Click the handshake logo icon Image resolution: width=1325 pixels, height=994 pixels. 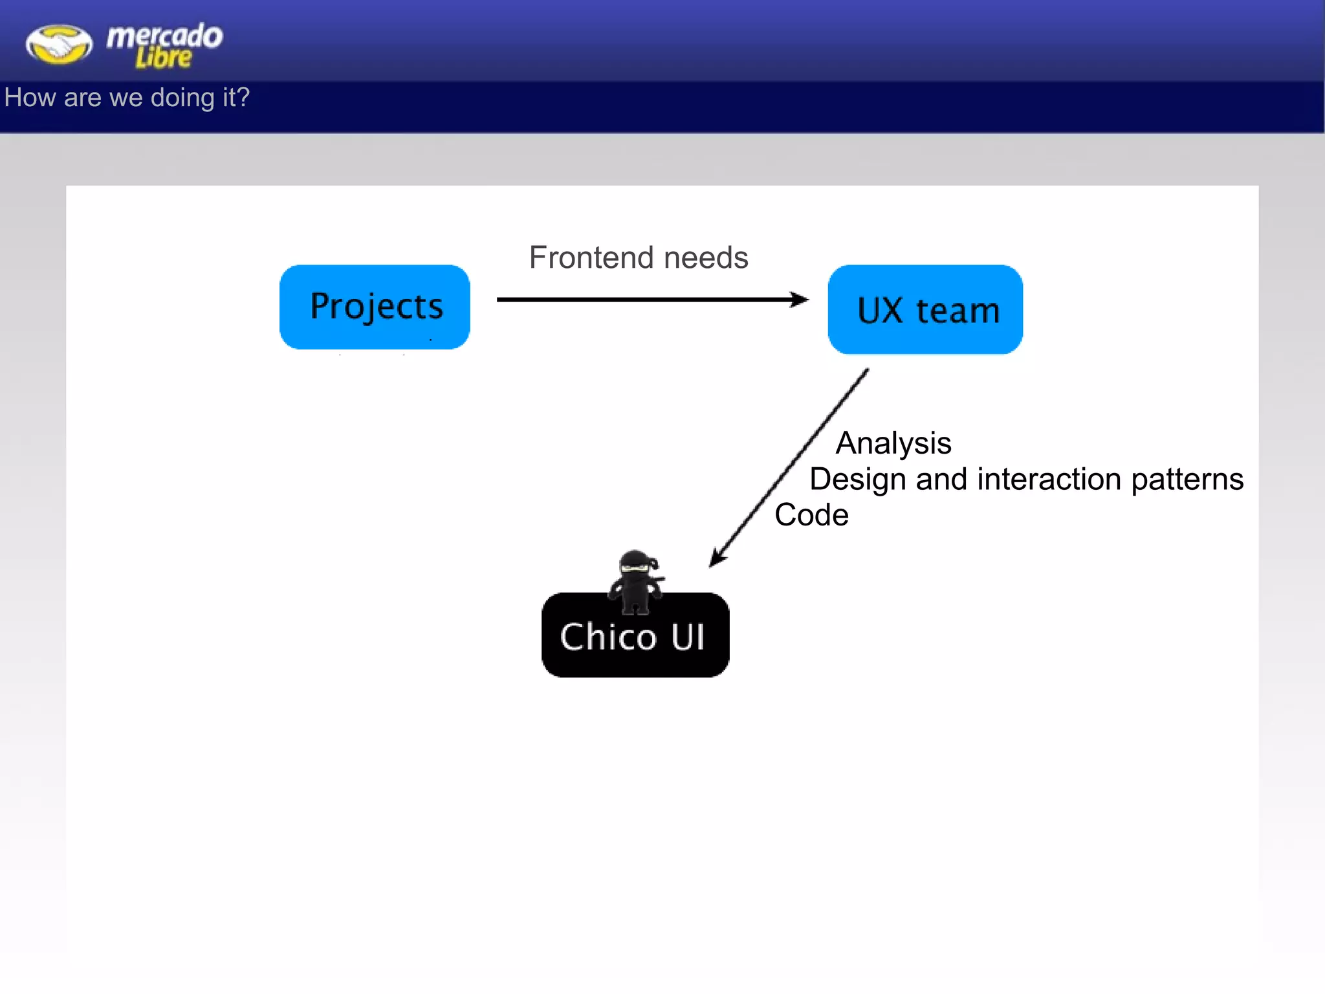click(59, 45)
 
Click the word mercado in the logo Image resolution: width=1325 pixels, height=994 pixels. click(164, 36)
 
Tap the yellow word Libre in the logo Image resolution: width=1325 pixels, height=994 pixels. click(163, 58)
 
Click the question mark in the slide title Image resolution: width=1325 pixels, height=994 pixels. click(243, 97)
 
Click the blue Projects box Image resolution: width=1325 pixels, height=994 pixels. click(375, 307)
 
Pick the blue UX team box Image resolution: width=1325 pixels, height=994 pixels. click(925, 309)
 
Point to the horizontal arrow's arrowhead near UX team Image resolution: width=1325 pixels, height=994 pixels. click(801, 300)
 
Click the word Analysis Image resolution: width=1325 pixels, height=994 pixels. click(893, 444)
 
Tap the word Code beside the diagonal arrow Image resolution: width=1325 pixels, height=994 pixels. click(811, 515)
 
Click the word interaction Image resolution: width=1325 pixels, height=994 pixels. click(1049, 480)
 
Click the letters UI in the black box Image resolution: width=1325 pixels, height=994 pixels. click(688, 637)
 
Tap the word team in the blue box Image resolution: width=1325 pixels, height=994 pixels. click(958, 311)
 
